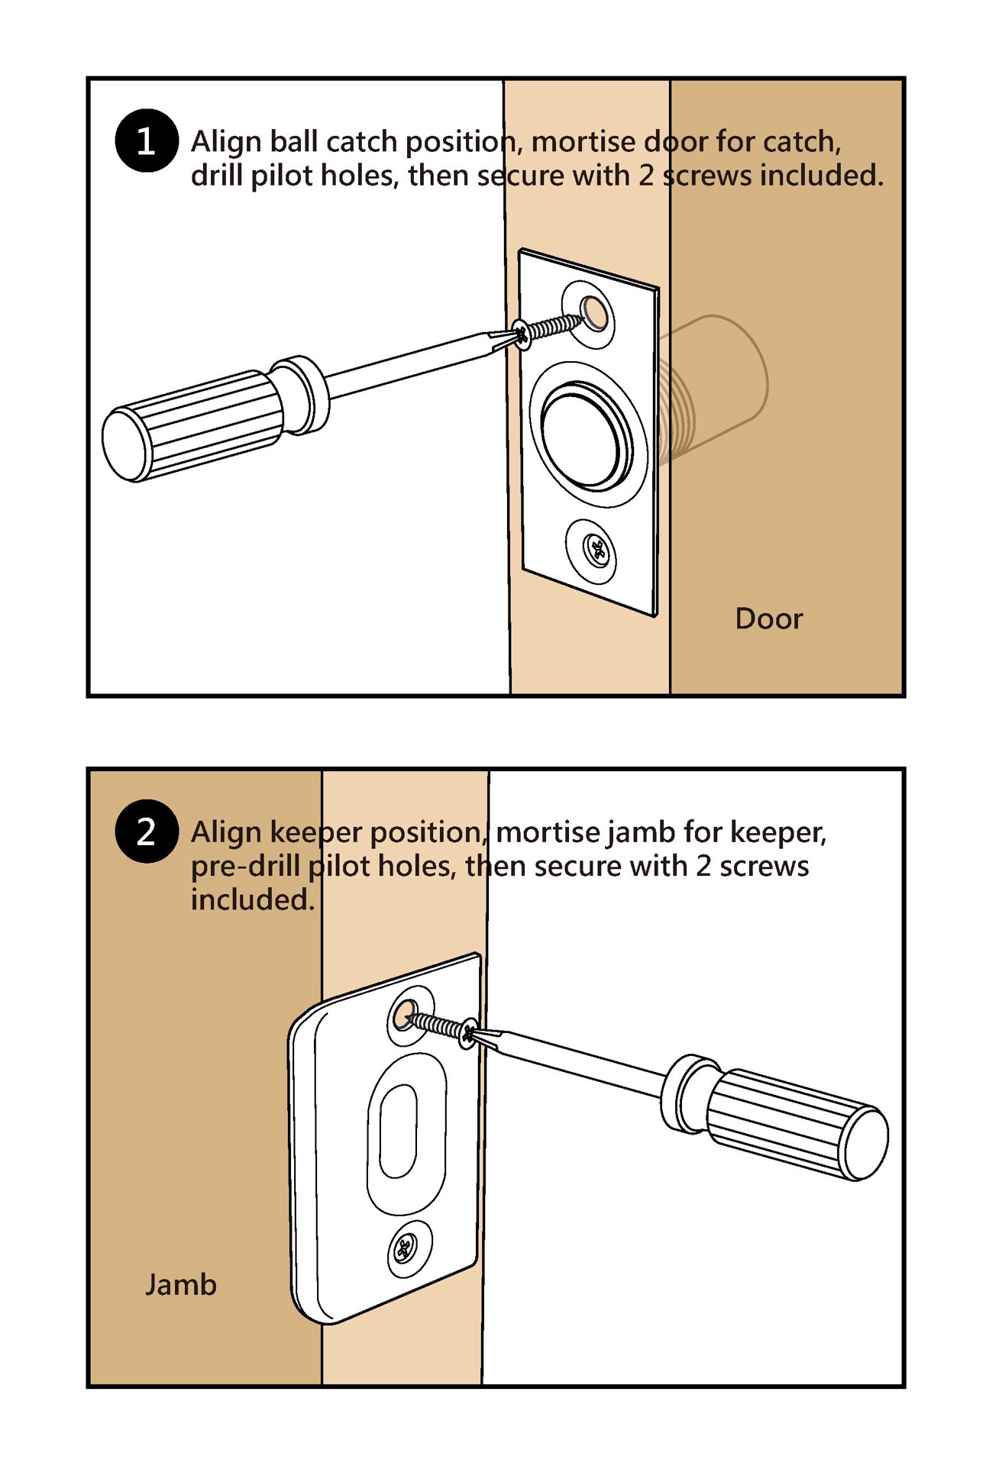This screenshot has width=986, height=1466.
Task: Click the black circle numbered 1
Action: [146, 141]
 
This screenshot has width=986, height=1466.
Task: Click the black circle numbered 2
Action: [146, 831]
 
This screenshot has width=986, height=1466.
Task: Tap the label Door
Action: [768, 618]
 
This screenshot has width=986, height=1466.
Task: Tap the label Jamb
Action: [181, 1285]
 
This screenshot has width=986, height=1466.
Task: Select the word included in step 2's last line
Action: [252, 900]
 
